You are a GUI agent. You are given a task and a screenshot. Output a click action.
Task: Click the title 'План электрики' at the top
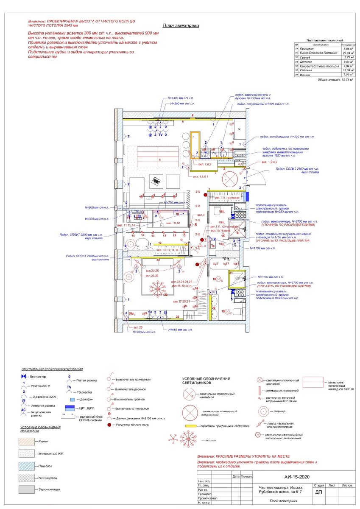(x=181, y=25)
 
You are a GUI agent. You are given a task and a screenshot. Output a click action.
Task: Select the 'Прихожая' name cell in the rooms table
(x=305, y=48)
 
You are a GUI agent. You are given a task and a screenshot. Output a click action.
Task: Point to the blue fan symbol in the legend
(x=24, y=377)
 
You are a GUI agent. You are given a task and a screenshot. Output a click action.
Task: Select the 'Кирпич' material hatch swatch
(x=26, y=442)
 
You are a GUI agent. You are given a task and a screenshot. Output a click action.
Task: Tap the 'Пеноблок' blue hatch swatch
(x=26, y=465)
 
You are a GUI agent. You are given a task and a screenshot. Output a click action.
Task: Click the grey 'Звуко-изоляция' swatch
(x=26, y=489)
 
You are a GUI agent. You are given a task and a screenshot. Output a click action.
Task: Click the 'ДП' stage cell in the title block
(x=318, y=492)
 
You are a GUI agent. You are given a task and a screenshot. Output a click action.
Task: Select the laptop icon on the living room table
(x=156, y=180)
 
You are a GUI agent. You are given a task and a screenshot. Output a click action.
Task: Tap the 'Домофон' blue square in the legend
(x=72, y=400)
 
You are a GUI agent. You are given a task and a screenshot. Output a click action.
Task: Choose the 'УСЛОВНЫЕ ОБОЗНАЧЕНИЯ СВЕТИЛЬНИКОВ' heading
(x=206, y=381)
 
